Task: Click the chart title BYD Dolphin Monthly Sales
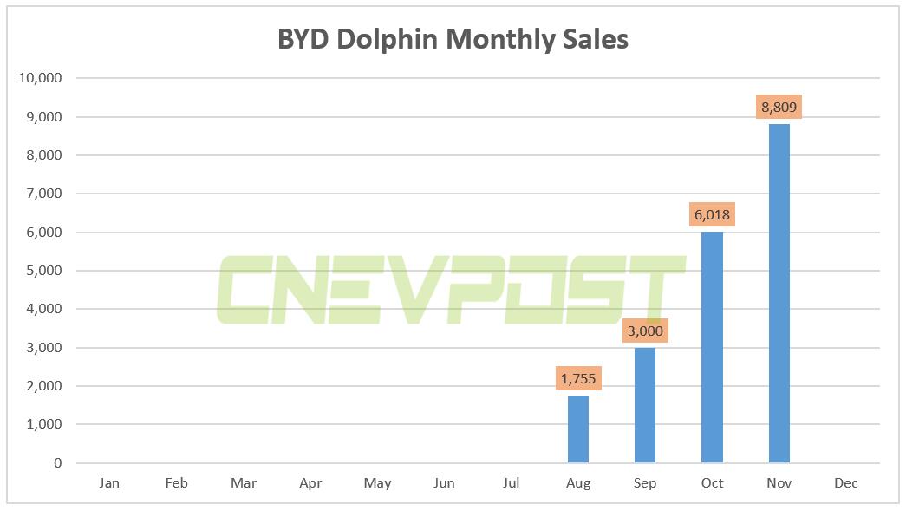tap(453, 39)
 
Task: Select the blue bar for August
tap(578, 429)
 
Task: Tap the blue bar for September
tap(645, 405)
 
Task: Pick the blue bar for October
tap(712, 347)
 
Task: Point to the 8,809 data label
tap(779, 108)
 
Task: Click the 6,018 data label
tap(712, 215)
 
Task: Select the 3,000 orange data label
tap(645, 331)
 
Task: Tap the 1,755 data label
tap(578, 378)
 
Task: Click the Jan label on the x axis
tap(109, 483)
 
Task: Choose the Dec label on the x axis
tap(845, 483)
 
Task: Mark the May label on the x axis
tap(377, 483)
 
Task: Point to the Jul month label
tap(511, 483)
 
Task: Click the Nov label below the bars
tap(779, 483)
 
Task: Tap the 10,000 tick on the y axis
tap(40, 78)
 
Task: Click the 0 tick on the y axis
tap(57, 463)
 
